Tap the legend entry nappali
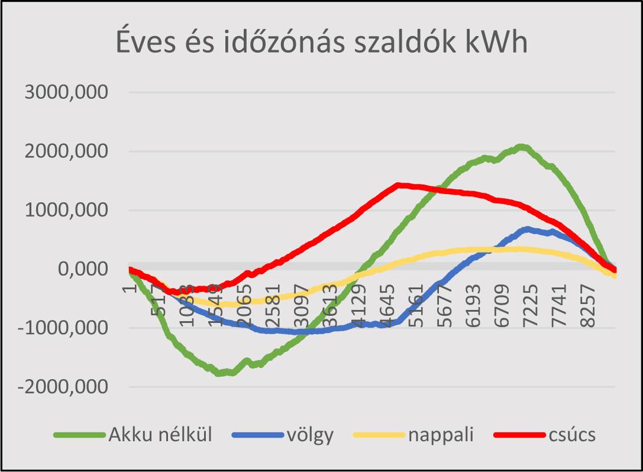pos(441,435)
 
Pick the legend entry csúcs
pos(571,435)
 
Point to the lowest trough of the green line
pos(220,373)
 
